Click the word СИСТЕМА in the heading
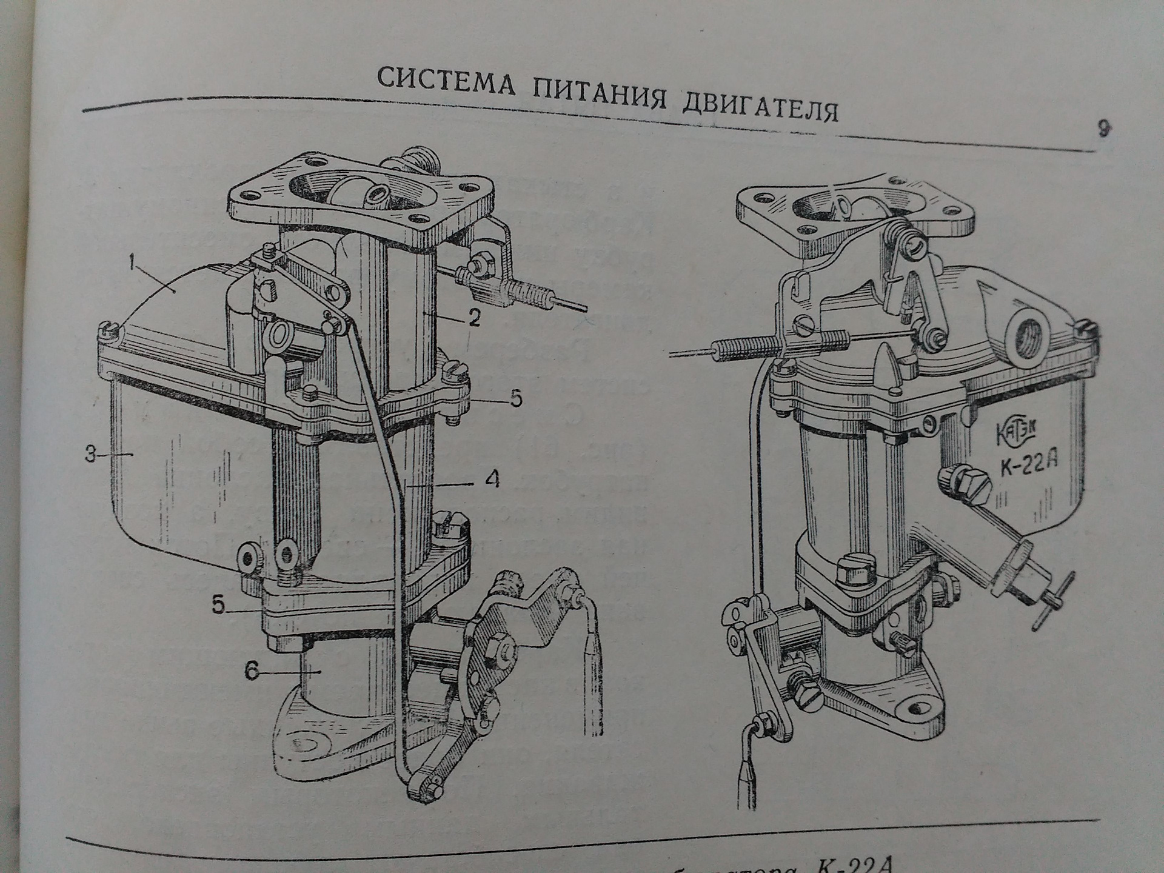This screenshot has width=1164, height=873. pyautogui.click(x=446, y=80)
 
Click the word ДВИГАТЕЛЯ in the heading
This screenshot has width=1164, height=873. pyautogui.click(x=760, y=107)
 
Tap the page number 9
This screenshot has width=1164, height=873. pyautogui.click(x=1104, y=130)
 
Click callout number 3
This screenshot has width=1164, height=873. pyautogui.click(x=90, y=454)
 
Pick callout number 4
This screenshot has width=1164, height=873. pyautogui.click(x=492, y=480)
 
